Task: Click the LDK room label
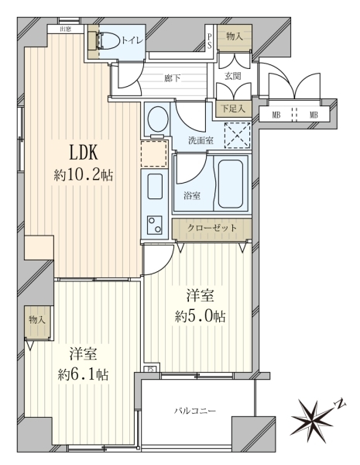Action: (x=84, y=153)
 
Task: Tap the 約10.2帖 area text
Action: (x=84, y=175)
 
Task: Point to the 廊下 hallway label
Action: (x=173, y=78)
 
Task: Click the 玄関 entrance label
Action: (x=232, y=76)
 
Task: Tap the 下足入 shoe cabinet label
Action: (x=233, y=108)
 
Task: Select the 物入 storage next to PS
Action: (x=235, y=36)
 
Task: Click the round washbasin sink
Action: (x=158, y=119)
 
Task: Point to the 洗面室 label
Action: (x=201, y=140)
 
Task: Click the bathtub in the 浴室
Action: (x=231, y=184)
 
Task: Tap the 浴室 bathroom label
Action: (x=192, y=196)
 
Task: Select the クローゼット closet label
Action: (x=212, y=228)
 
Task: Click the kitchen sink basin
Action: (x=155, y=187)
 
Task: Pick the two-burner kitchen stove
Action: (x=155, y=225)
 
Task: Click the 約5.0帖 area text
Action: (x=201, y=317)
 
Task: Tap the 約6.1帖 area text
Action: (x=83, y=375)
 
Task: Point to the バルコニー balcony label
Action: (x=194, y=411)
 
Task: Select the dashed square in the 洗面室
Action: (x=238, y=135)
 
